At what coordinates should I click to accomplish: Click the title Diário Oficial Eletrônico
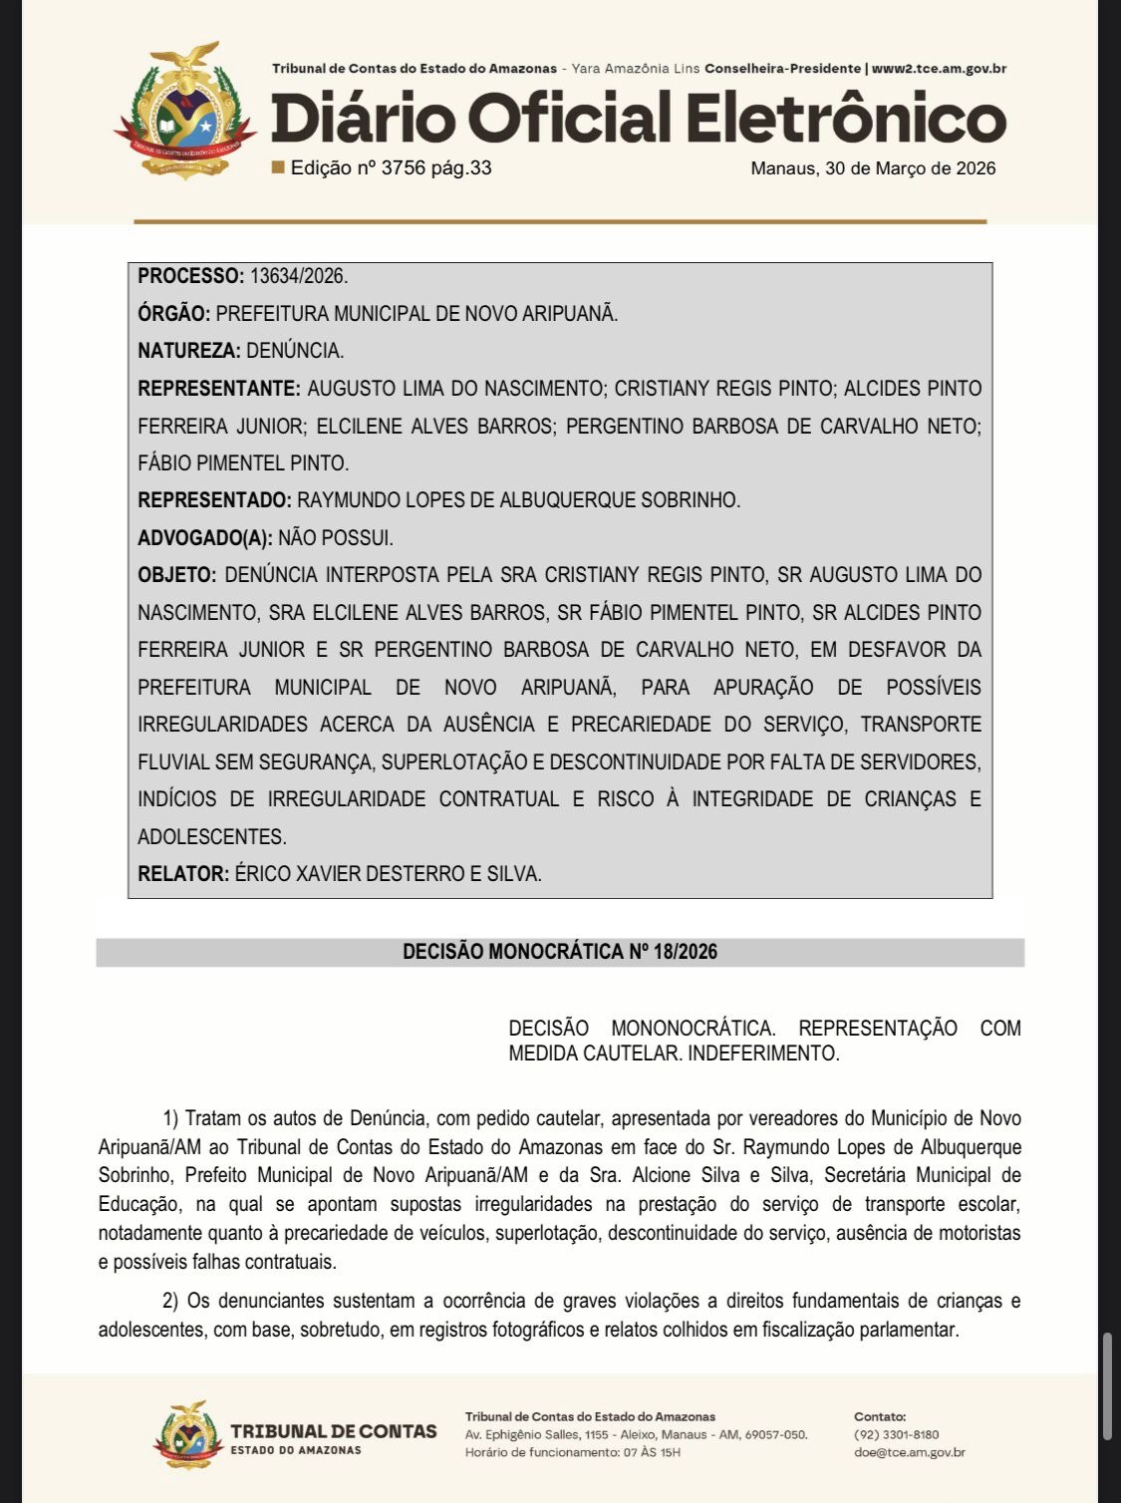click(638, 118)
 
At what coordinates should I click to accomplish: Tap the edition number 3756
click(403, 167)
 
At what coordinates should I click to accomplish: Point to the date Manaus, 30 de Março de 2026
click(873, 168)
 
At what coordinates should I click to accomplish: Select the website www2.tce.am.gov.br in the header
click(939, 69)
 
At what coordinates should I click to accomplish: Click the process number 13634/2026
click(299, 276)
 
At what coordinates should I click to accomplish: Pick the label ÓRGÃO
click(173, 313)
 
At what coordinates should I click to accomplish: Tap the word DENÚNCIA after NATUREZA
click(295, 351)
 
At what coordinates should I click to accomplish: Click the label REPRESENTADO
click(214, 500)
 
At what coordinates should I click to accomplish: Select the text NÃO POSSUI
click(336, 538)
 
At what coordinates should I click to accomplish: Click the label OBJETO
click(176, 575)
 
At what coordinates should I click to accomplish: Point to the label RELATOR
click(183, 874)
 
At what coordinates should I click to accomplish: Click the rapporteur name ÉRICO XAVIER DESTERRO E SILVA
click(389, 874)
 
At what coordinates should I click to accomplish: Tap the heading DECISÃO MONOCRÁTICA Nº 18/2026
click(560, 952)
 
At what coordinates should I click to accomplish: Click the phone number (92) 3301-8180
click(897, 1434)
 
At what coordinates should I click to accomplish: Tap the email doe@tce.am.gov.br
click(910, 1452)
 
